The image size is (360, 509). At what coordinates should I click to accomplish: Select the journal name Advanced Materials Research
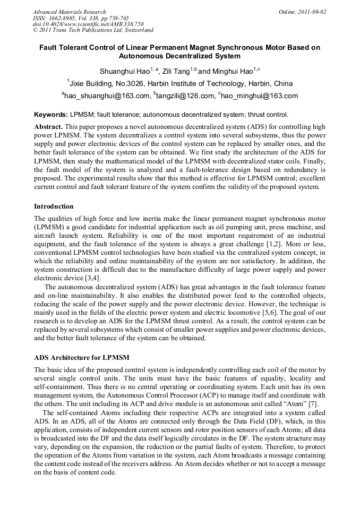(69, 12)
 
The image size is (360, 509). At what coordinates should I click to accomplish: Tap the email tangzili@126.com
(184, 96)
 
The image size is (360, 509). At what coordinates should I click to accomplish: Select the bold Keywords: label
(51, 115)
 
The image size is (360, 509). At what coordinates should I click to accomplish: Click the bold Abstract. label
(49, 127)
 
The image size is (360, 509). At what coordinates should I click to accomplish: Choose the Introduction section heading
(54, 206)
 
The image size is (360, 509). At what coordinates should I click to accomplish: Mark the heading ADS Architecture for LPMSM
(81, 357)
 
